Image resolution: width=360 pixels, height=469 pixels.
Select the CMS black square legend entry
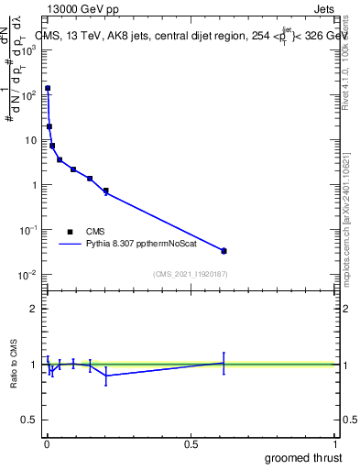[69, 232]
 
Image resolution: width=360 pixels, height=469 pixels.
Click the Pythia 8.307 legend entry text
[142, 245]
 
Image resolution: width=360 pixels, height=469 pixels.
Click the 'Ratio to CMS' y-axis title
[14, 364]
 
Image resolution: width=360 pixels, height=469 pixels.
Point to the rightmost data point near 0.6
[224, 250]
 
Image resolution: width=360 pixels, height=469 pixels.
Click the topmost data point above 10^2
[48, 88]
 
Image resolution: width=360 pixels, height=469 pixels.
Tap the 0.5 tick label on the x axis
[191, 444]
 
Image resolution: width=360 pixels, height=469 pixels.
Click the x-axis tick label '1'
[334, 444]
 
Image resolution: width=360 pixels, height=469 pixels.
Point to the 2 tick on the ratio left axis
[33, 309]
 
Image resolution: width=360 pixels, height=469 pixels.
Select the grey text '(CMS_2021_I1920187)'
[190, 274]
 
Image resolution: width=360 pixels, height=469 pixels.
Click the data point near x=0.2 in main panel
[106, 191]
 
